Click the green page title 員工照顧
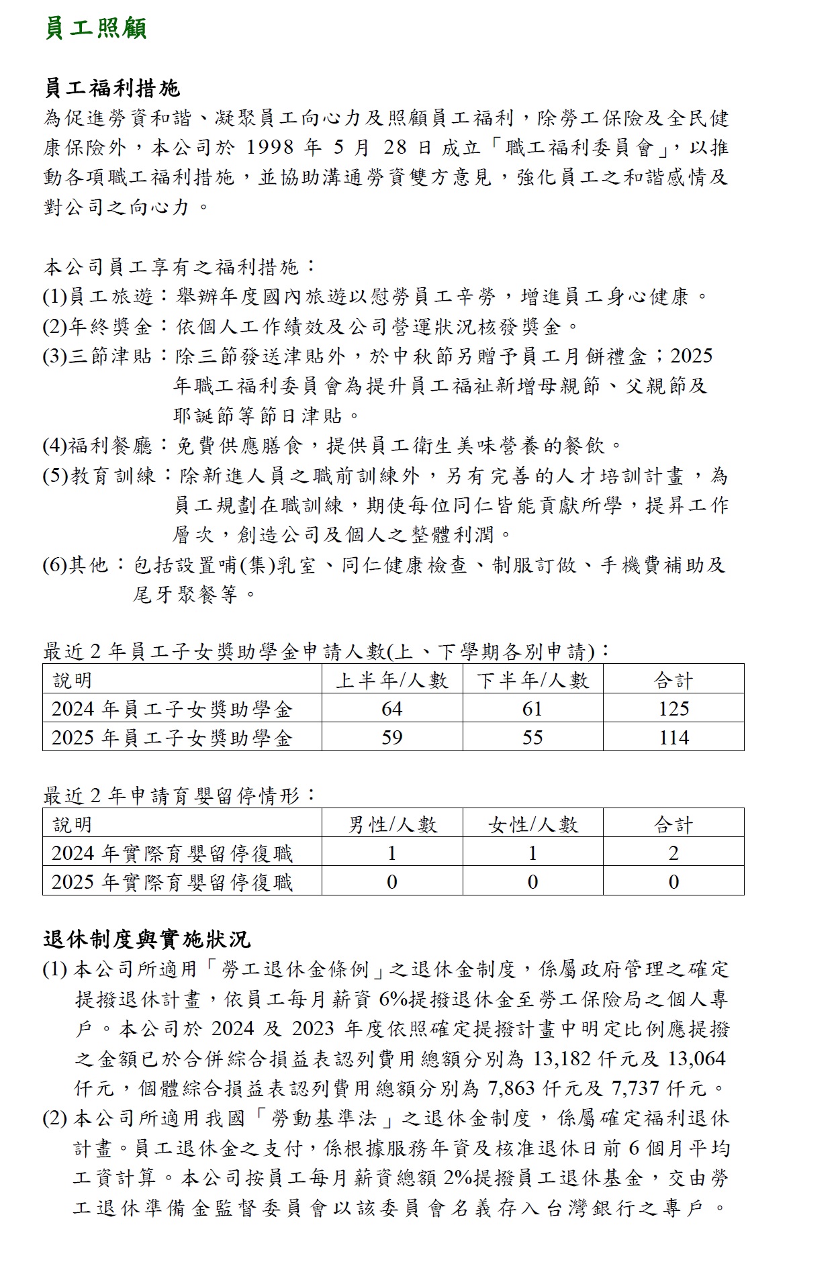(x=95, y=29)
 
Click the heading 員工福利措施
(x=111, y=88)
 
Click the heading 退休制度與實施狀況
(x=146, y=939)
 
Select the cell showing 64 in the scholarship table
(x=391, y=709)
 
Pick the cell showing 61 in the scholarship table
(x=532, y=709)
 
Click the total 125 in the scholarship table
(x=673, y=709)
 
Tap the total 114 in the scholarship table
(x=673, y=738)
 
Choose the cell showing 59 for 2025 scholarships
(x=391, y=738)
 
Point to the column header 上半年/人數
(x=391, y=680)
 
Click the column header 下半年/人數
(x=532, y=680)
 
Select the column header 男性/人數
(x=391, y=824)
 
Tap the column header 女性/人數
(x=532, y=824)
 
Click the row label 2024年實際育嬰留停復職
(x=172, y=853)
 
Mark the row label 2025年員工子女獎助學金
(x=172, y=738)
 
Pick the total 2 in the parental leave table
(x=673, y=853)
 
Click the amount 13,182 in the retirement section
(x=562, y=1059)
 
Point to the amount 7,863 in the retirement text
(x=512, y=1087)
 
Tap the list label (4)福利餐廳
(x=98, y=445)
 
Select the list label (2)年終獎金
(x=98, y=326)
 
